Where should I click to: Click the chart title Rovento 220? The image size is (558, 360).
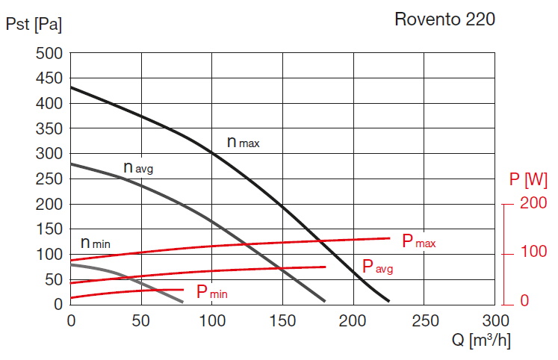tap(444, 19)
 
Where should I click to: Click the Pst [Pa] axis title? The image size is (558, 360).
tap(34, 24)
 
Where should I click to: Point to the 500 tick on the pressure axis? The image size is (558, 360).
tap(49, 54)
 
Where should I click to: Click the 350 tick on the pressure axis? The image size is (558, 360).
tap(49, 129)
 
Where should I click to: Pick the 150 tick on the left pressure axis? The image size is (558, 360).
tap(49, 229)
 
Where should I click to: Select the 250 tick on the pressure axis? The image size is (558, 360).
tap(49, 179)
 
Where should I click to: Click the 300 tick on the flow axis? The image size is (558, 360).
tap(495, 320)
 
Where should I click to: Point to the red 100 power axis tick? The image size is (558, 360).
tap(533, 253)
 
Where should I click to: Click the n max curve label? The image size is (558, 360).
tap(243, 141)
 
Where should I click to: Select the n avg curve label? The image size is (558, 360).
tap(138, 167)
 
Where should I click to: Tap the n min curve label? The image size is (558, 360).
tap(96, 243)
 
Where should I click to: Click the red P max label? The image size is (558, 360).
tap(418, 241)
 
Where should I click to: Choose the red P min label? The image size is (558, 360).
tap(211, 293)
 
